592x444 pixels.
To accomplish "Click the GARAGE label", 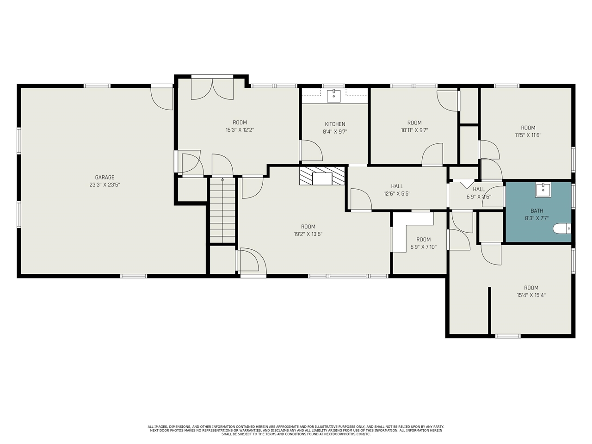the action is pos(105,178).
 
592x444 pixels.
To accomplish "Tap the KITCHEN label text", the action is pos(335,124).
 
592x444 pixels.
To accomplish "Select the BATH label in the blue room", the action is pos(536,211).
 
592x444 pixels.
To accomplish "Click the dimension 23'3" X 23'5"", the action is pos(105,185).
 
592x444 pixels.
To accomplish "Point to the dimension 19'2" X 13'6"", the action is pos(308,234).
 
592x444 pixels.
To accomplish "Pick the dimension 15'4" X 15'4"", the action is pos(531,295).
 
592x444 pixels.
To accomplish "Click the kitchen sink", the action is pos(333,96).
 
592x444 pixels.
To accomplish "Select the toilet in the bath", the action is pos(562,229).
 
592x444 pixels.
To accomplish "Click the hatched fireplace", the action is pos(322,176).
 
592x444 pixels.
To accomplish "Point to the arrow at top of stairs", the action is pos(222,179).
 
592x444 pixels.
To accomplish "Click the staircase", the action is pos(222,210).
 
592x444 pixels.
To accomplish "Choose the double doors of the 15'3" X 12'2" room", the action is pos(212,89).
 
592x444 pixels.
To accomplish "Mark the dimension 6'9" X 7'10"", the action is pos(424,247).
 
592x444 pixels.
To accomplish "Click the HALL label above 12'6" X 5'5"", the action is pos(397,186).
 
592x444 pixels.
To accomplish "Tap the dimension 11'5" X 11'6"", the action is pos(528,136).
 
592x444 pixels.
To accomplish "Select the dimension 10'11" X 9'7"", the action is pos(414,130).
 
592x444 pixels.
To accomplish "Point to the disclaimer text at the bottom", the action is pos(296,431).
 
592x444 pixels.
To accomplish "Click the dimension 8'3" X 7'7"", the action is pos(536,218).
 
